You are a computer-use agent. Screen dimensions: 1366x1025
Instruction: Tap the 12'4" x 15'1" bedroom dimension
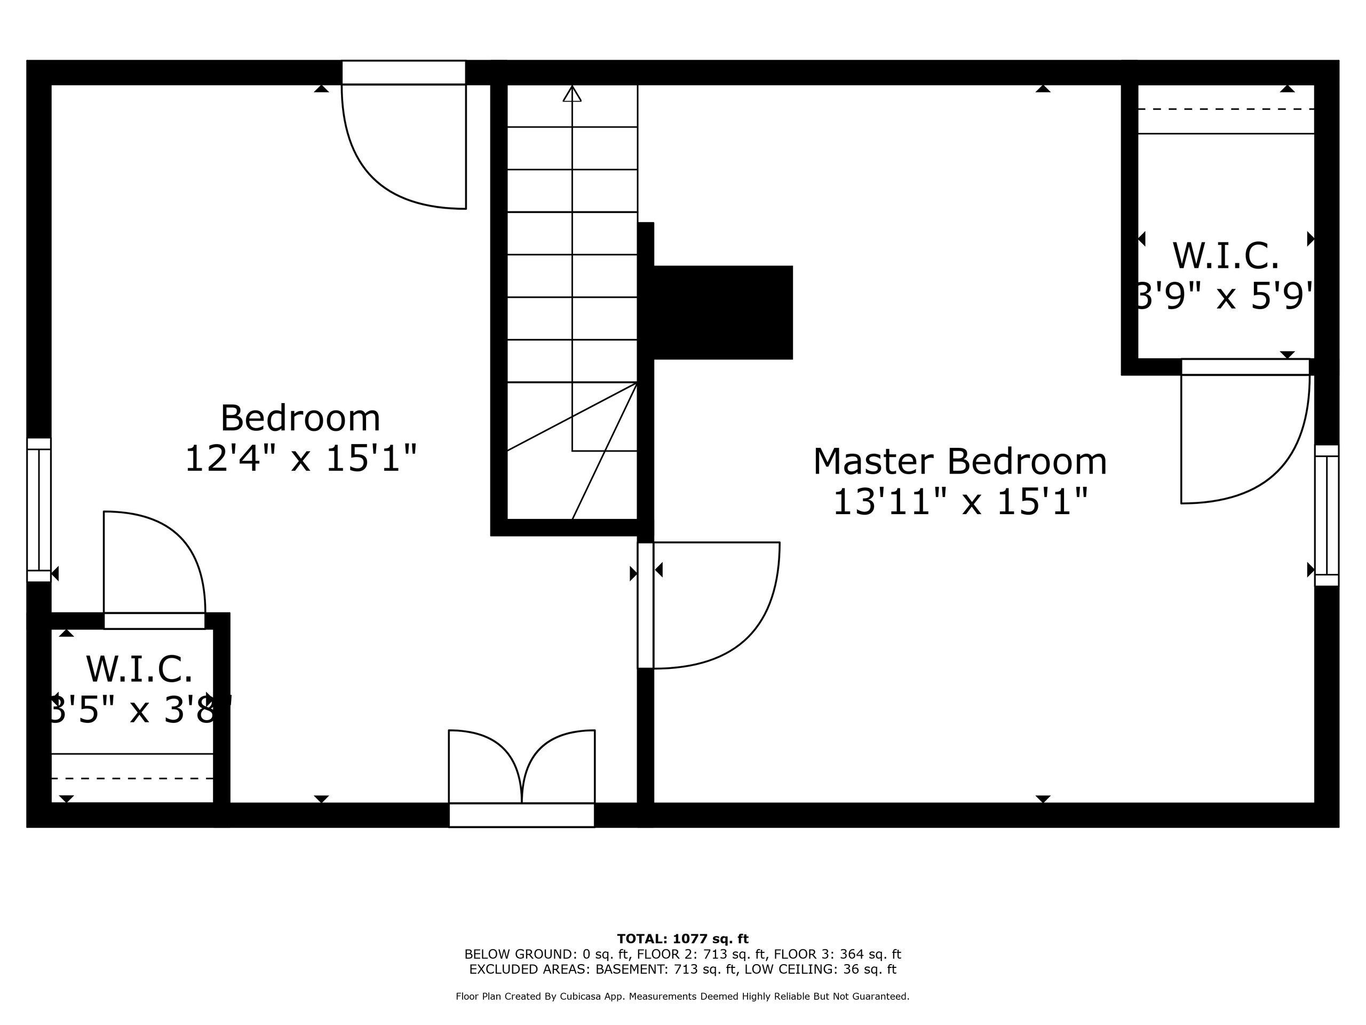[301, 459]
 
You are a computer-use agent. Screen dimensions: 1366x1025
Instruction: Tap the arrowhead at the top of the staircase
[573, 93]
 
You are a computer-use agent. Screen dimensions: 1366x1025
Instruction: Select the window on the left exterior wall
[39, 510]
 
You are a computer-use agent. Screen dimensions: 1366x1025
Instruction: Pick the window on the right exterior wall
[1327, 515]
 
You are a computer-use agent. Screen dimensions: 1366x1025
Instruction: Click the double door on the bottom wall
[522, 778]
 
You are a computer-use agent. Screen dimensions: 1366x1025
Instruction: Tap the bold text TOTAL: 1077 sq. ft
[682, 939]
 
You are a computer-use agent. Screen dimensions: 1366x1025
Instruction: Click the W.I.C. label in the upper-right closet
[1226, 255]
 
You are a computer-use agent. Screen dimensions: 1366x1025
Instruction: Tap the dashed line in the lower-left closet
[132, 778]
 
